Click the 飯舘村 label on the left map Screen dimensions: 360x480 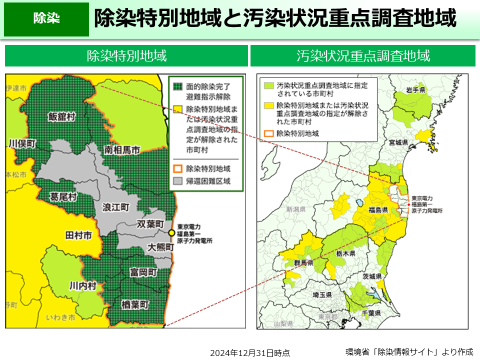click(61, 116)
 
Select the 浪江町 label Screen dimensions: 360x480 click(115, 206)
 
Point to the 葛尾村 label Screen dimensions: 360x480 click(63, 196)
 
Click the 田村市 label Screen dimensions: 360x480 click(78, 234)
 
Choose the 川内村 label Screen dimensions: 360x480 click(82, 285)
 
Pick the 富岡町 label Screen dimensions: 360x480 click(143, 272)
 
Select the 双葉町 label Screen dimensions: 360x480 click(150, 223)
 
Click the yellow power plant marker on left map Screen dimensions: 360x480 click(171, 233)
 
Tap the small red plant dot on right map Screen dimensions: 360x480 click(408, 204)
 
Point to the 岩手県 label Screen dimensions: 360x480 click(415, 90)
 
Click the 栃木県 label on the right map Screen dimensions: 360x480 click(345, 254)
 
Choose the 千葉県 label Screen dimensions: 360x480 click(372, 313)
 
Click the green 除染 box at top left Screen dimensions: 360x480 click(46, 19)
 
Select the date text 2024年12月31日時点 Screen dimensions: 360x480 click(250, 352)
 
